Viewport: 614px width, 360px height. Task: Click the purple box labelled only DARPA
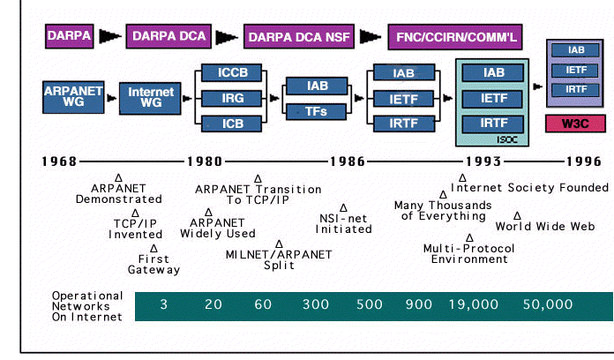click(69, 36)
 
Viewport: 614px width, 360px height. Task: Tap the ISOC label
click(508, 139)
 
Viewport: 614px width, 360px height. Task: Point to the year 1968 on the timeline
click(59, 161)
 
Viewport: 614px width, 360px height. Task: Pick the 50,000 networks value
click(546, 304)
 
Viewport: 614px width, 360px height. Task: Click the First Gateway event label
click(153, 265)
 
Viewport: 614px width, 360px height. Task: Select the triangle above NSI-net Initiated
click(343, 208)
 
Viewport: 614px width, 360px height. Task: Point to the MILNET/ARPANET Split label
click(279, 260)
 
